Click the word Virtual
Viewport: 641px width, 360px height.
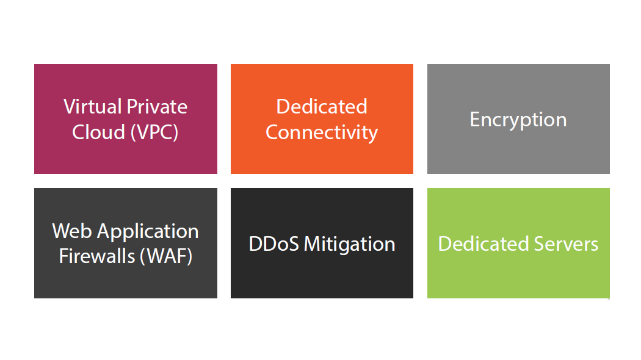pyautogui.click(x=93, y=107)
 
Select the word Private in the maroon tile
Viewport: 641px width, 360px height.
pyautogui.click(x=157, y=107)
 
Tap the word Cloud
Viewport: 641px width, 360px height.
pyautogui.click(x=98, y=132)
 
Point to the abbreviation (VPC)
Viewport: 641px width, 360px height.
pyautogui.click(x=154, y=132)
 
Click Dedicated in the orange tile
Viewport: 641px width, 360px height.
pyautogui.click(x=322, y=107)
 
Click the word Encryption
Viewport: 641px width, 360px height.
pyautogui.click(x=518, y=120)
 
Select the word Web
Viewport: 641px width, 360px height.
pyautogui.click(x=72, y=231)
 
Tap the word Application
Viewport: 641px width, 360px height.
pyautogui.click(x=148, y=232)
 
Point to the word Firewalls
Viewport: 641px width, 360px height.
pyautogui.click(x=97, y=256)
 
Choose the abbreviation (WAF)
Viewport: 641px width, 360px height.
pyautogui.click(x=166, y=257)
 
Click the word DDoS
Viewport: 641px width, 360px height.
pyautogui.click(x=274, y=244)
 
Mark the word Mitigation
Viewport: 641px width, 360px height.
pyautogui.click(x=350, y=245)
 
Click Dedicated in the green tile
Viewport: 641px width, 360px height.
pyautogui.click(x=483, y=244)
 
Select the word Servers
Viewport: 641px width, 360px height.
pyautogui.click(x=566, y=244)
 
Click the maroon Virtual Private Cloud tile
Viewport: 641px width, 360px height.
pyautogui.click(x=126, y=119)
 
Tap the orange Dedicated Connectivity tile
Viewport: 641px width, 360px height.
pyautogui.click(x=322, y=119)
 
